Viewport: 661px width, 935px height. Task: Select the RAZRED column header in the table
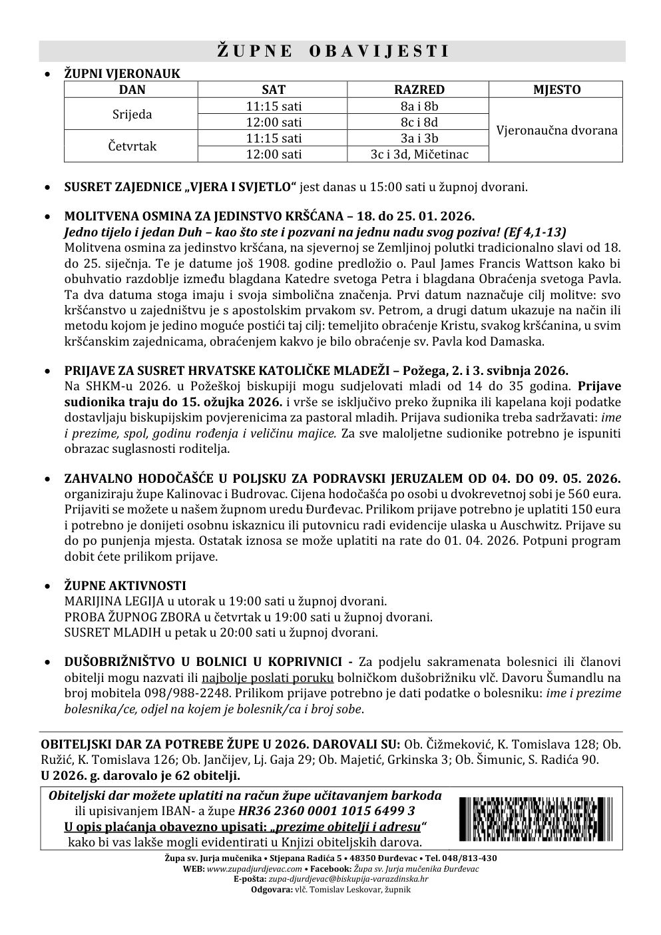click(419, 90)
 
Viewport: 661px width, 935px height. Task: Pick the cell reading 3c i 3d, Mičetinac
click(419, 155)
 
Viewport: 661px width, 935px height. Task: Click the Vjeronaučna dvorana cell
click(556, 130)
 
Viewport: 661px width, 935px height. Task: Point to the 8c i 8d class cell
click(419, 123)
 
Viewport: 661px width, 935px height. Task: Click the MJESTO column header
click(556, 90)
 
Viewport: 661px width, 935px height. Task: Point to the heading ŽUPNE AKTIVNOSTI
click(125, 585)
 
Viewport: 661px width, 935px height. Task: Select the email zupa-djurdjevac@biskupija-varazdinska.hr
click(343, 879)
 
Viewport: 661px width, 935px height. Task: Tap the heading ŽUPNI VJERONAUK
click(122, 74)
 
